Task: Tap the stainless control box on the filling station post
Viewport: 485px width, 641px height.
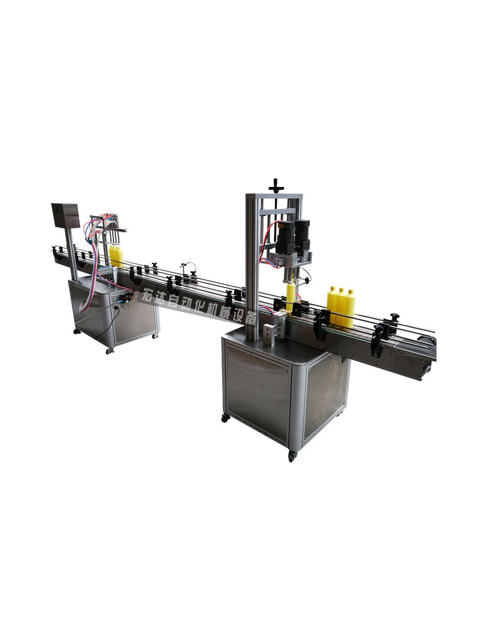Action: [x=65, y=215]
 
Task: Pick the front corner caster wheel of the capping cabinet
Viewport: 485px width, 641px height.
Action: [x=292, y=456]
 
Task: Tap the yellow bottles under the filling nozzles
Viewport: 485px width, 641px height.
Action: [x=116, y=256]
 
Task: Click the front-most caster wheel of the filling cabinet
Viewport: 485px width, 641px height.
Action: [x=111, y=350]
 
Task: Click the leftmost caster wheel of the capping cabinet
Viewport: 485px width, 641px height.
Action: [x=225, y=418]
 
